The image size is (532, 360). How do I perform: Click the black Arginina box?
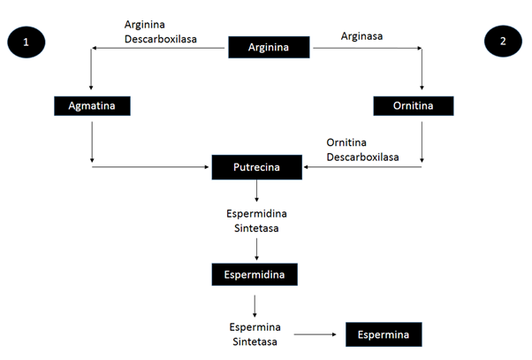[x=269, y=47]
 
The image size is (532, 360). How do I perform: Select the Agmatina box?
[x=93, y=106]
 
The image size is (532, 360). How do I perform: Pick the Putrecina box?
[x=256, y=165]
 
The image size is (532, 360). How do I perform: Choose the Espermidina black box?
[x=255, y=274]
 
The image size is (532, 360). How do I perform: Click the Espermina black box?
[x=384, y=335]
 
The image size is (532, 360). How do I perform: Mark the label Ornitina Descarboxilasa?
[x=361, y=149]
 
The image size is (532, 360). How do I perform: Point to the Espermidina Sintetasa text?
[x=255, y=221]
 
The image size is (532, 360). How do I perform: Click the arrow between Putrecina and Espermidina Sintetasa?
[x=256, y=191]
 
